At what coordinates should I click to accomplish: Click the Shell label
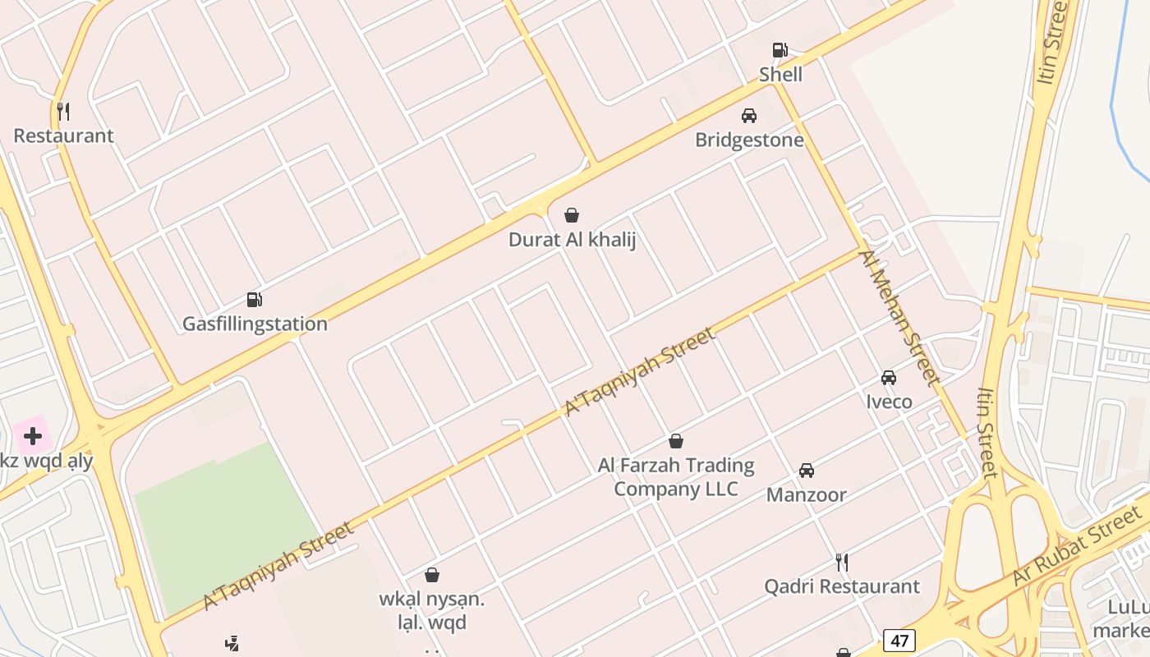pos(780,75)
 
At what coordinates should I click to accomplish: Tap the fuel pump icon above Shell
pos(780,50)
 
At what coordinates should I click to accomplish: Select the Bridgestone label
pos(749,140)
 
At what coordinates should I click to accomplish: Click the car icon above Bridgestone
pos(749,116)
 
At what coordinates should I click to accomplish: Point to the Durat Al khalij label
pos(572,241)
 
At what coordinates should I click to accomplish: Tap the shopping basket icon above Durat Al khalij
pos(572,216)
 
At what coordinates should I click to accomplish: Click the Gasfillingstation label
pos(255,324)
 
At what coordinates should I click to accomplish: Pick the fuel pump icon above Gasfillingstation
pos(255,300)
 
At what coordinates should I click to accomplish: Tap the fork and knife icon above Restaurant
pos(63,111)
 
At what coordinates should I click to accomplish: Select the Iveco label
pos(889,402)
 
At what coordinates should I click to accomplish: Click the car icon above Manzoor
pos(807,471)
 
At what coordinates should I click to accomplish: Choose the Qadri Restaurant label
pos(842,587)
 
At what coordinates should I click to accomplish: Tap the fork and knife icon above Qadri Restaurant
pos(842,563)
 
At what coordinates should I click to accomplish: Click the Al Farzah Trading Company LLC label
pos(675,477)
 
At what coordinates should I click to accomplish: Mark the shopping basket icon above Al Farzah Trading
pos(676,442)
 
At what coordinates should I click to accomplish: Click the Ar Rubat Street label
pos(1076,547)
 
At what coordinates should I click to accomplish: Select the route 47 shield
pos(899,640)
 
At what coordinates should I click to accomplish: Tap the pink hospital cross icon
pos(33,436)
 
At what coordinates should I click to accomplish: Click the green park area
pos(226,526)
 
